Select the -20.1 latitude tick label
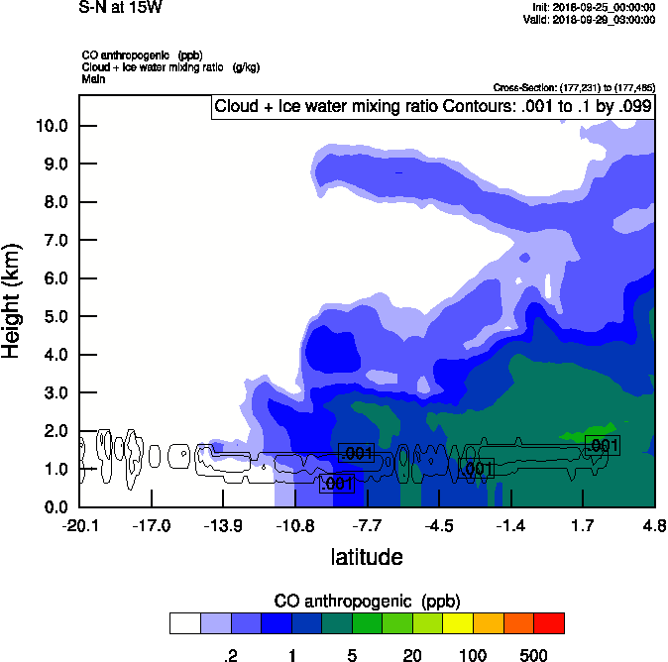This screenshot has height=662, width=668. [x=79, y=525]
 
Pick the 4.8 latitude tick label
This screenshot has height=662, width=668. [x=654, y=525]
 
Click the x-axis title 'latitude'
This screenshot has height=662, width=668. [x=367, y=557]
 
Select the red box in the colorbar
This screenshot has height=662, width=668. [x=549, y=623]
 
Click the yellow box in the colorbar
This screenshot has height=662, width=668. [x=458, y=623]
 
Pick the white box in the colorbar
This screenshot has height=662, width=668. [x=184, y=623]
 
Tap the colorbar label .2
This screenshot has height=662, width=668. [x=230, y=654]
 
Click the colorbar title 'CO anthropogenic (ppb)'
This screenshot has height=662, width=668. [x=367, y=601]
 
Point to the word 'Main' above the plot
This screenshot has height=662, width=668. [x=93, y=78]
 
